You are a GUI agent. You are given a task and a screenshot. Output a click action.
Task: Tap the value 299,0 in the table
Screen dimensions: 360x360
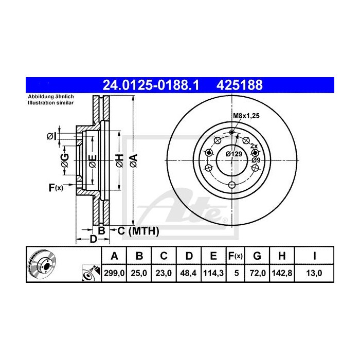tap(115, 274)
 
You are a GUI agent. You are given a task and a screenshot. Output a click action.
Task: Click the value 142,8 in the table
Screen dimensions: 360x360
tap(281, 274)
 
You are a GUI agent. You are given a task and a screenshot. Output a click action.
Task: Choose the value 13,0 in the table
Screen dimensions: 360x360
tap(313, 274)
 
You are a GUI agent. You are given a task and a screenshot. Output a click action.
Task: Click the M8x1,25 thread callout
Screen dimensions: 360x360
tap(246, 116)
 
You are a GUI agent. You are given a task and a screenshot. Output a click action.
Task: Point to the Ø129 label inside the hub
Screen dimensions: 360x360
tap(233, 153)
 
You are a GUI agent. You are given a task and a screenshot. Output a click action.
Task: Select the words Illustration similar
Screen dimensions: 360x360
tap(51, 102)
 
